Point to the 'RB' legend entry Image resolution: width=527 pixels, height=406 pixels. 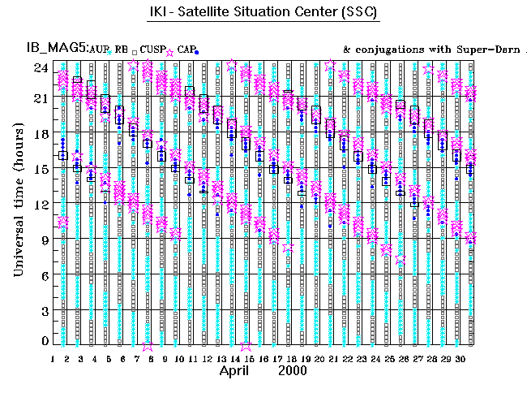coord(122,50)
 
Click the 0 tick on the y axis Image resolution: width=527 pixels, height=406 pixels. coord(44,341)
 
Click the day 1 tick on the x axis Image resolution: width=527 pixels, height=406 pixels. coord(53,358)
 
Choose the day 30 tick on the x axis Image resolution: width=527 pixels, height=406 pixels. coord(460,358)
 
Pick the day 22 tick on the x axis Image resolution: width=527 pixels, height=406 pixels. coord(347,358)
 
